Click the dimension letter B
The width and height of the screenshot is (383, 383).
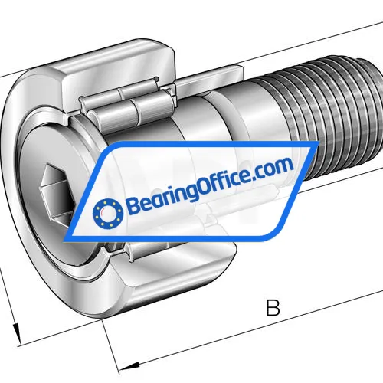coord(272,308)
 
